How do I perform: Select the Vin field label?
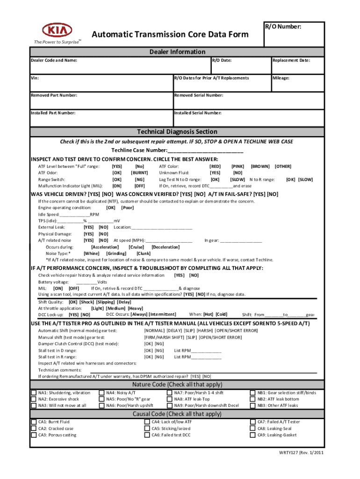coord(35,78)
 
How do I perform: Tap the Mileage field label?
coord(281,78)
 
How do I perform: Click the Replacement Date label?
coord(291,60)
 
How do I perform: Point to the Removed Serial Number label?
coord(198,95)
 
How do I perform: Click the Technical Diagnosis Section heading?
coord(177,131)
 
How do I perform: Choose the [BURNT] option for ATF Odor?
coord(139,173)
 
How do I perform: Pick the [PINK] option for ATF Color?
coord(238,166)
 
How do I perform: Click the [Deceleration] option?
coord(166,247)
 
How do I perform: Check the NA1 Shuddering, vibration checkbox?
coord(34,393)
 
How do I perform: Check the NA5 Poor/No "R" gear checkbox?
coord(101,399)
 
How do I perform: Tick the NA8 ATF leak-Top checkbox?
coord(170,399)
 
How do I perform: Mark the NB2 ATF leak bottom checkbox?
coord(253,399)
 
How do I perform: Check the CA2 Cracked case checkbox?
coord(34,428)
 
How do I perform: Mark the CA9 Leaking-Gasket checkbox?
coord(253,435)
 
